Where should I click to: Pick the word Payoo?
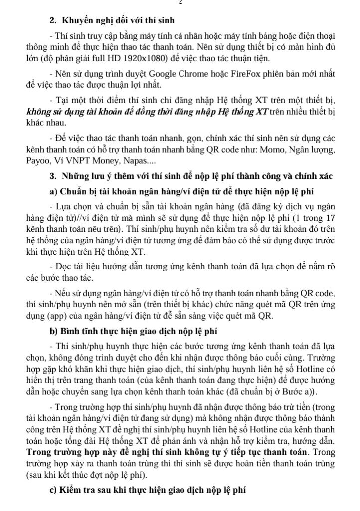pos(39,162)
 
